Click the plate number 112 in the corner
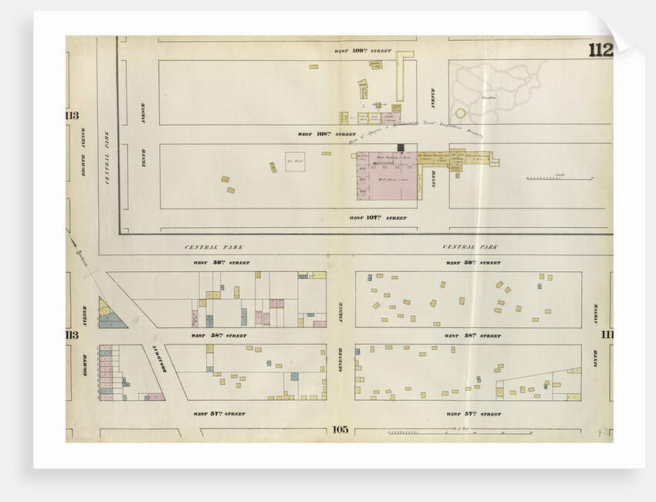pos(600,51)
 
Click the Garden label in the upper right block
pos(489,98)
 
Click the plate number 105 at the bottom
pos(340,430)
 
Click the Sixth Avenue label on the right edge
pos(596,313)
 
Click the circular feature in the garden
pos(462,112)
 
